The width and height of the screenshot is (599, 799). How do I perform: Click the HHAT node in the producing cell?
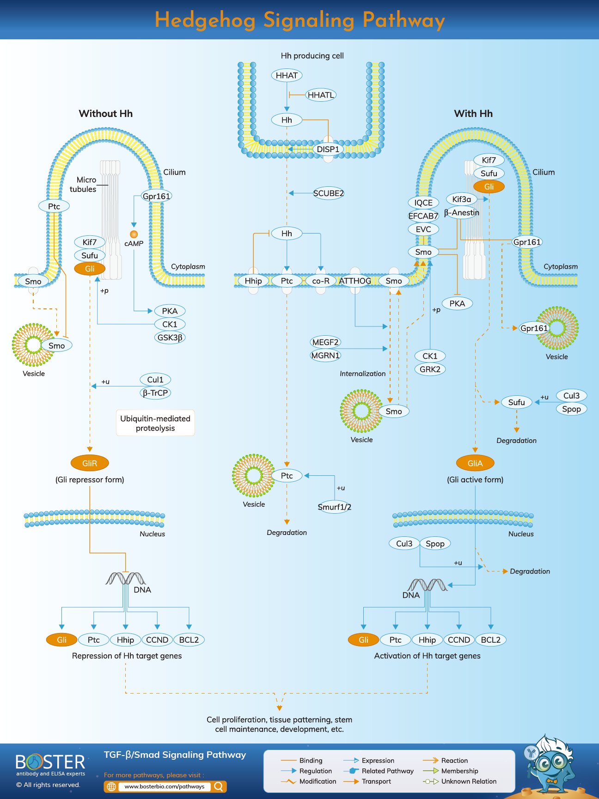pos(287,75)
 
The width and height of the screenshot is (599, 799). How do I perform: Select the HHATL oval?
pos(321,95)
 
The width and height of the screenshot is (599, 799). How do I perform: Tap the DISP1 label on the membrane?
pos(328,149)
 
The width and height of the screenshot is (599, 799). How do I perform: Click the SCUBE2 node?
pos(328,193)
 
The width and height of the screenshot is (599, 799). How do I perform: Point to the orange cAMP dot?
pos(134,234)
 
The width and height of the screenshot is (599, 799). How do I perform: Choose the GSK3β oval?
pos(170,338)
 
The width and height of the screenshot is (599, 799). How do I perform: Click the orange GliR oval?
pos(90,463)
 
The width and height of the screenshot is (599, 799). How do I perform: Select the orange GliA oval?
pos(475,463)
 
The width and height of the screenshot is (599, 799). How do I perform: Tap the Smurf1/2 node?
pos(334,507)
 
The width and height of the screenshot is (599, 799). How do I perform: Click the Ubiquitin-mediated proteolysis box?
pos(155,423)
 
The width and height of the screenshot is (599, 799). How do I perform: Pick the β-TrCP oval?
pos(155,393)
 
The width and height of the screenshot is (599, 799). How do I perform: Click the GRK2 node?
pos(430,369)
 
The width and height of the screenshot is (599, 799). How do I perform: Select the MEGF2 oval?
pos(325,342)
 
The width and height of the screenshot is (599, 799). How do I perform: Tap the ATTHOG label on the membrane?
pos(355,281)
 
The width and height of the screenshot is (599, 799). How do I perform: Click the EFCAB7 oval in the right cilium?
pos(423,216)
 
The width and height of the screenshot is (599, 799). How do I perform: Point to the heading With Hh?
pos(473,113)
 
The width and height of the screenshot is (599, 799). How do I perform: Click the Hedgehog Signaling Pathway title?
pos(299,20)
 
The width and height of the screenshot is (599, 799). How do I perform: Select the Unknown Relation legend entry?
pos(468,781)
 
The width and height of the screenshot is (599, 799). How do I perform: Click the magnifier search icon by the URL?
pos(219,786)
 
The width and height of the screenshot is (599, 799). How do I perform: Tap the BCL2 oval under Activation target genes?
pos(490,640)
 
